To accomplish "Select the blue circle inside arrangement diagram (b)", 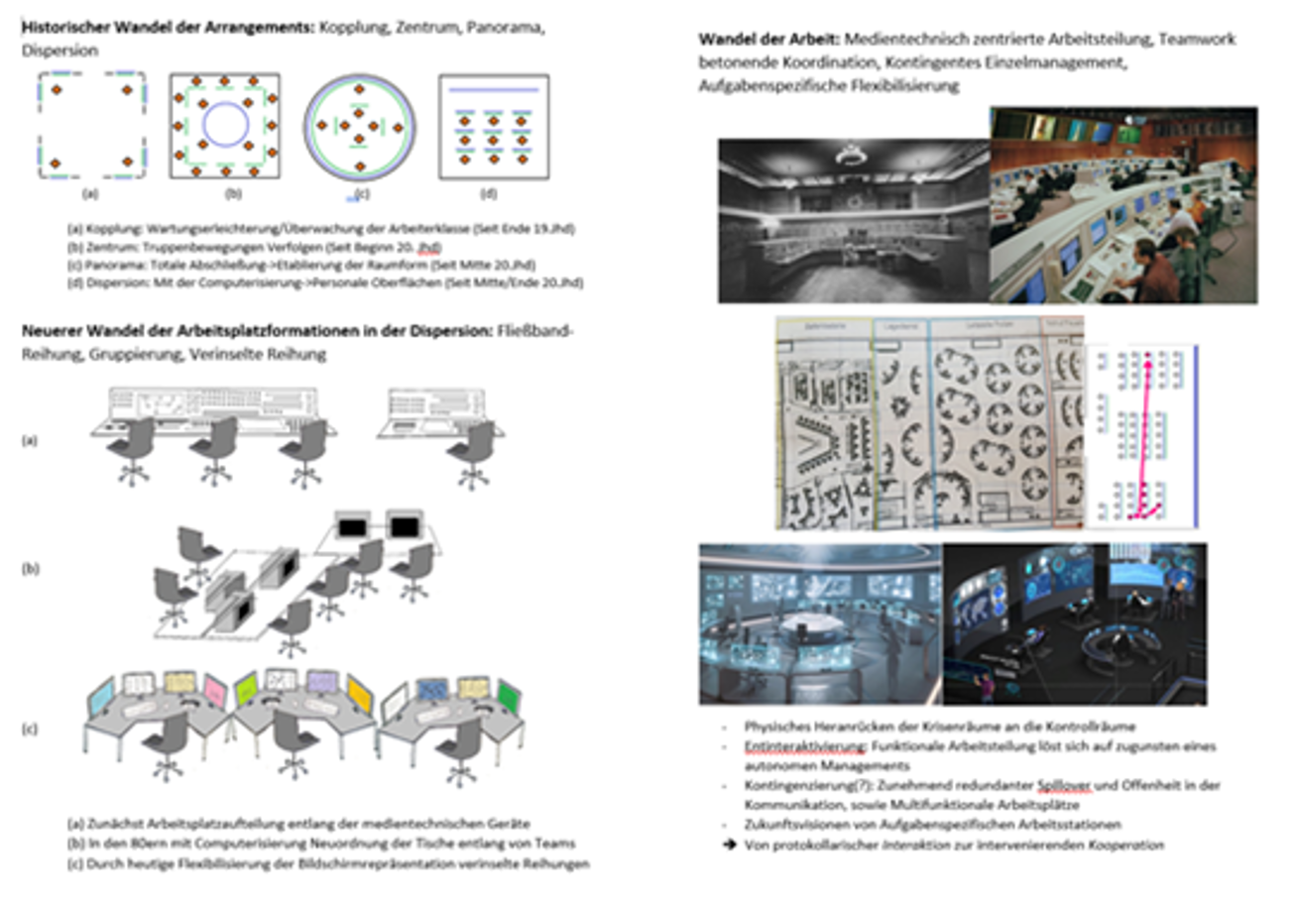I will (x=225, y=125).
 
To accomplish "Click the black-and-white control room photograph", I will (x=853, y=220).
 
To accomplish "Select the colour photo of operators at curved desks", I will (x=1122, y=205).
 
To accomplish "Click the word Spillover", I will (x=1062, y=785).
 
